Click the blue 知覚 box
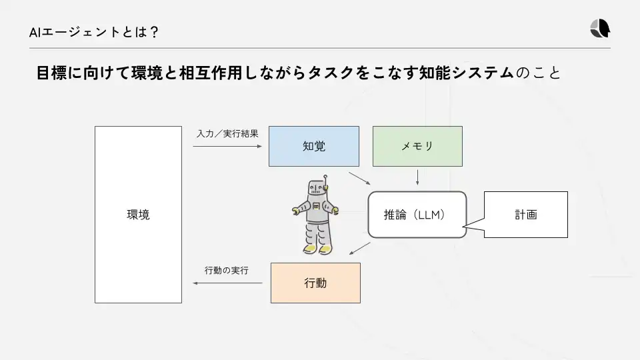(x=313, y=146)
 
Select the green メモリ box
(x=417, y=146)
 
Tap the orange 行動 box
(x=315, y=283)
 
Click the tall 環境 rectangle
(x=138, y=215)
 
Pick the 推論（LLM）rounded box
(x=416, y=215)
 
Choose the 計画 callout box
(x=525, y=215)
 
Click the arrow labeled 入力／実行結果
(x=227, y=146)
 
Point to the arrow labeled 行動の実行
(x=227, y=283)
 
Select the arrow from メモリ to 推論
(x=417, y=177)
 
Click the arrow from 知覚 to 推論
(x=359, y=177)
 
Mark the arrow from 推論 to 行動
(x=360, y=248)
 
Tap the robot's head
(x=317, y=189)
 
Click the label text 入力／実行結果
(x=227, y=134)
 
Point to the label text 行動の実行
(x=227, y=270)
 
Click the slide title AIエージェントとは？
(x=93, y=31)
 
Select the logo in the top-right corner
(x=599, y=29)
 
